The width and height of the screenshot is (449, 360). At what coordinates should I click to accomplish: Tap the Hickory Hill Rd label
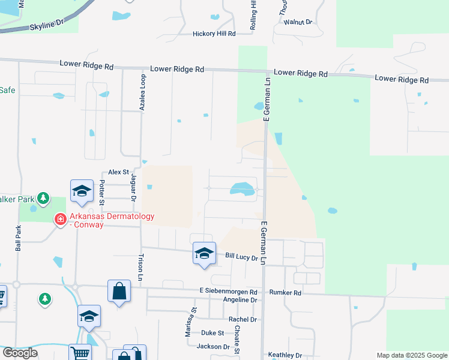214,34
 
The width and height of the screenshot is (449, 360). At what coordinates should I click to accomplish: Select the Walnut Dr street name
298,22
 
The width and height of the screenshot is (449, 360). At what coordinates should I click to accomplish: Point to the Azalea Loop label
143,93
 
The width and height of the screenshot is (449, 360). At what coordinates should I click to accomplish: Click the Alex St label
119,172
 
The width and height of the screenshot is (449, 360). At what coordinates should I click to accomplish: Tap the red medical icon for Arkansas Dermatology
60,220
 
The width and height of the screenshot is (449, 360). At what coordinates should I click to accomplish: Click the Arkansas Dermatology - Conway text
112,220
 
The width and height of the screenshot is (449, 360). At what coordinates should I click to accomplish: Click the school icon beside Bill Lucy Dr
204,253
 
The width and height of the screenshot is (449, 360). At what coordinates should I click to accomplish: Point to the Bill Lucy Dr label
241,257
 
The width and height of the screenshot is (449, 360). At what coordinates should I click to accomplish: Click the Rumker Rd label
286,292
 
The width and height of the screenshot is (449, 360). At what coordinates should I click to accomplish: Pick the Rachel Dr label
243,320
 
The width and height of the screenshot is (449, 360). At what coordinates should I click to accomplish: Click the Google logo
19,353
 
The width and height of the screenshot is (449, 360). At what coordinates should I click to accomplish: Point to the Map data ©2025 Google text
411,355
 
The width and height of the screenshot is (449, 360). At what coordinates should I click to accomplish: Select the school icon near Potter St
82,191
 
